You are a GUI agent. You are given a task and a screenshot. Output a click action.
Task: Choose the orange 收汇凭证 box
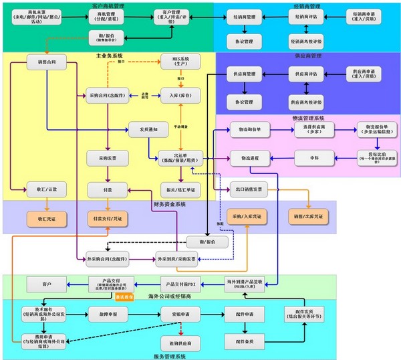click(46, 218)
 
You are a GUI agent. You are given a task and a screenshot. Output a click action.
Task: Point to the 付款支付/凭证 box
click(106, 218)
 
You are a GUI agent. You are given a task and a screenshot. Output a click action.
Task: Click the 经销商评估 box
click(306, 16)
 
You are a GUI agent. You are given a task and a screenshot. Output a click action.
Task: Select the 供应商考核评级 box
click(306, 102)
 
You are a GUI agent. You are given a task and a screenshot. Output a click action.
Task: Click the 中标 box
click(314, 158)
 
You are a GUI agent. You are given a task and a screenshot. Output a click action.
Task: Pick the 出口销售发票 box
click(249, 188)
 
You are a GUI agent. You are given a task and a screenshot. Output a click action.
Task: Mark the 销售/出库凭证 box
click(308, 218)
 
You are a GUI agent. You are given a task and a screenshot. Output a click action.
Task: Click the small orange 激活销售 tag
click(125, 296)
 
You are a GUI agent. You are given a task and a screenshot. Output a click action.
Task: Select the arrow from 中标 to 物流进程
click(281, 158)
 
